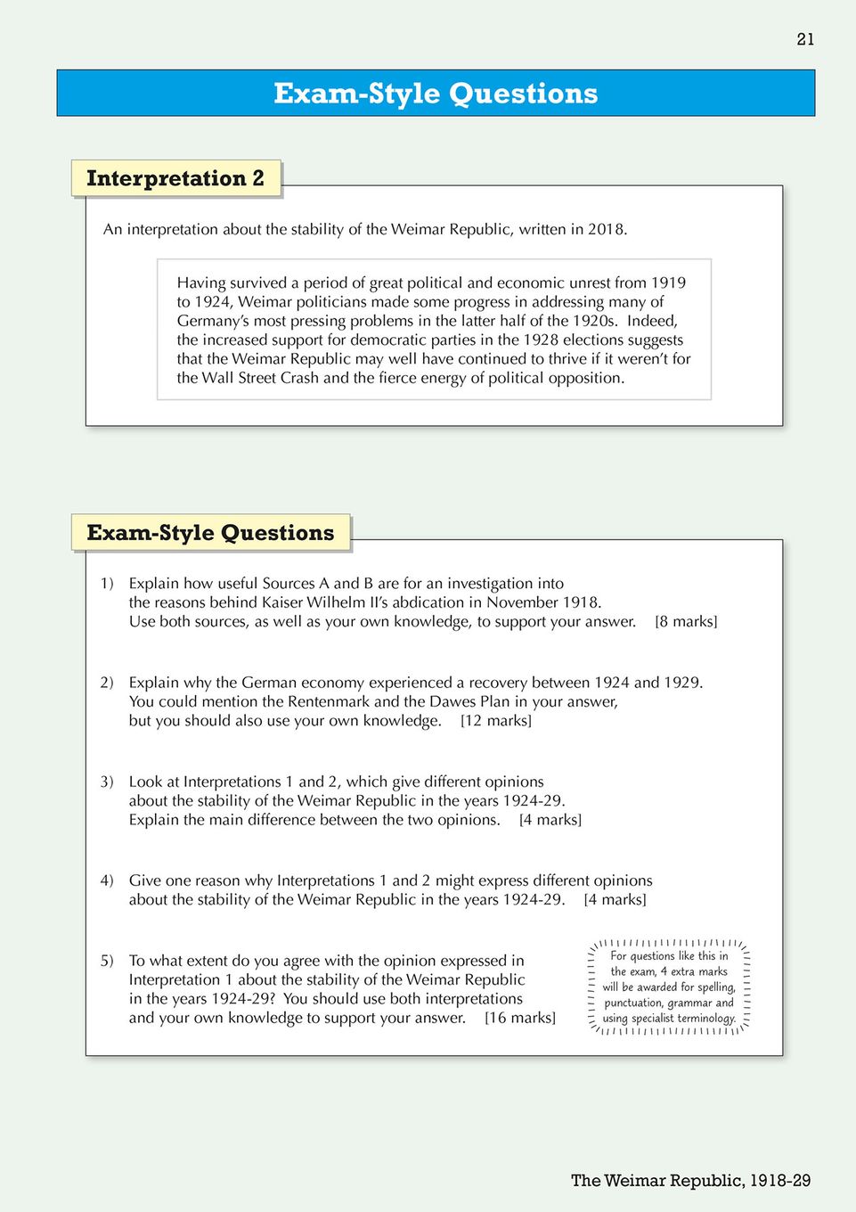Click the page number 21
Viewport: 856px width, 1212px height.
tap(805, 39)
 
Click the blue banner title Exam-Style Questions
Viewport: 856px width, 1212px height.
tap(436, 94)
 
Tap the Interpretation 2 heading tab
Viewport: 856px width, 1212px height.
tap(175, 178)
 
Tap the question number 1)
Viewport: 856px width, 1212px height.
tap(107, 584)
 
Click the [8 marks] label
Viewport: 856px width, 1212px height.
tap(686, 622)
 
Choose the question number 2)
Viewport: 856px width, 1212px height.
tap(107, 683)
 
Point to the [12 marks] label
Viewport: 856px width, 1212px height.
tap(496, 721)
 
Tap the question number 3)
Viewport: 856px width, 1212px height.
tap(107, 782)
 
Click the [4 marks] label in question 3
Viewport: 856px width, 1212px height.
tap(550, 820)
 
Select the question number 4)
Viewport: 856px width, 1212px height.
tap(107, 880)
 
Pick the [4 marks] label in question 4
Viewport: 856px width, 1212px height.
tap(616, 900)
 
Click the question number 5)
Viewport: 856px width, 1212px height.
tap(107, 961)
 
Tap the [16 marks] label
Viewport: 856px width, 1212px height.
tap(520, 1018)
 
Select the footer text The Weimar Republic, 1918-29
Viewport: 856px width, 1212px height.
tap(690, 1181)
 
